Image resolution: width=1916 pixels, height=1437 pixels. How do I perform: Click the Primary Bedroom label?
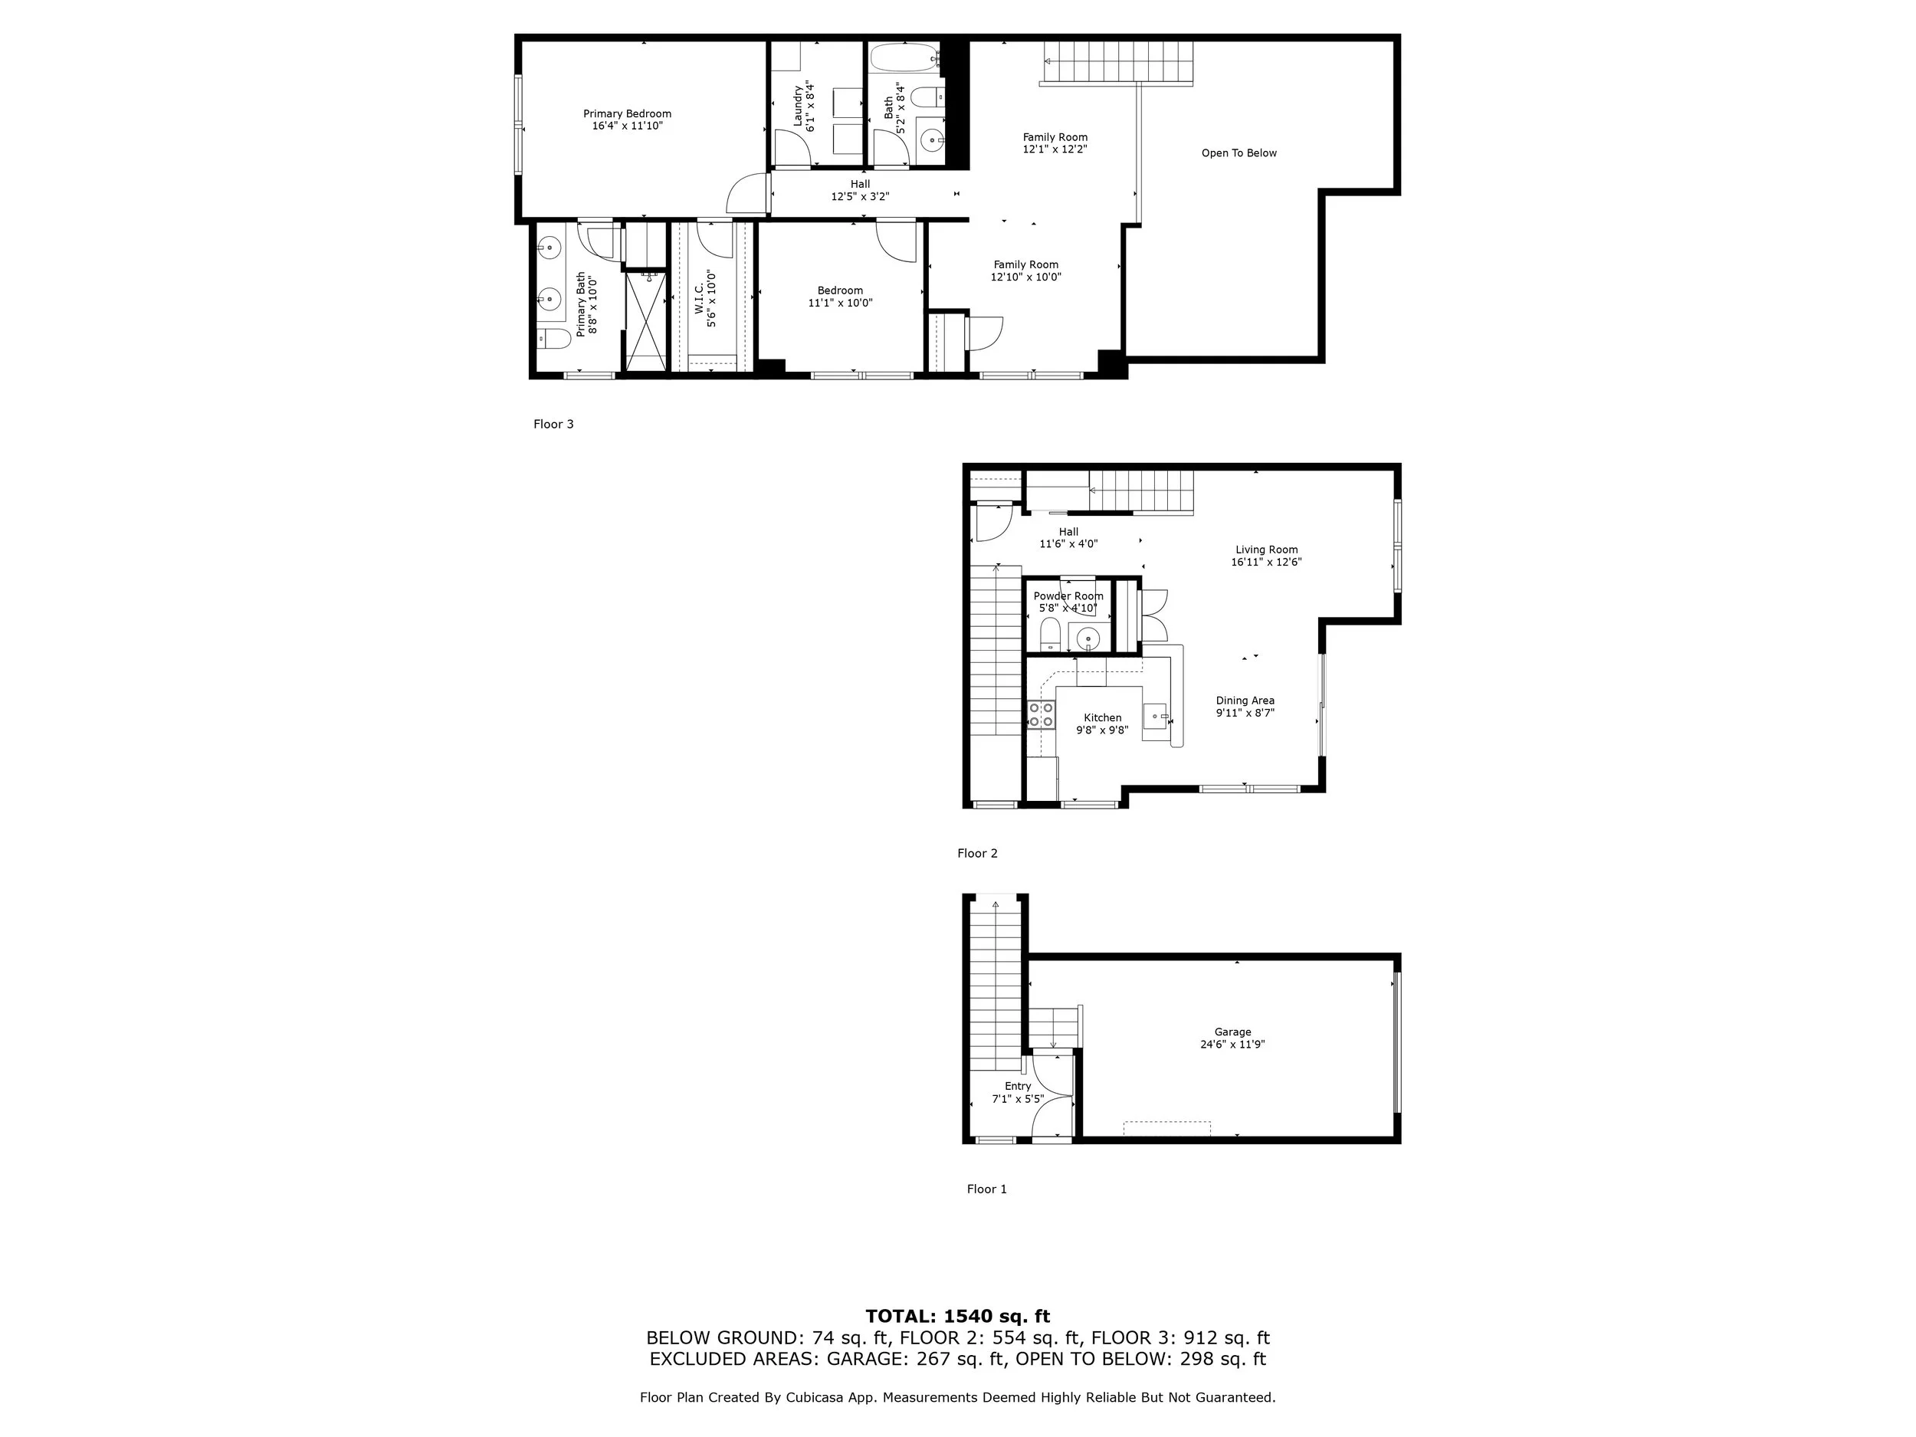(626, 113)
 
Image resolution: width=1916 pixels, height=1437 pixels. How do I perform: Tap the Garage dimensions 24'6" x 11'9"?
(1232, 1045)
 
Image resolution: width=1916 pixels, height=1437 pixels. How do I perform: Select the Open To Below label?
(1239, 153)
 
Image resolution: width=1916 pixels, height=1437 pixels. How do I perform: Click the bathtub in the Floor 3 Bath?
(904, 59)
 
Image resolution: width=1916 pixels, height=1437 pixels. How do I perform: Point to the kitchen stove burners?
(1041, 714)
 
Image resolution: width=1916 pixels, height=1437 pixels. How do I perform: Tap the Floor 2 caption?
(977, 853)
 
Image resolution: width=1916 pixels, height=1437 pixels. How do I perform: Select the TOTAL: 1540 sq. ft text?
(957, 1317)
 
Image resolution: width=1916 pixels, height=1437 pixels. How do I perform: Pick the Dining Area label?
(1245, 700)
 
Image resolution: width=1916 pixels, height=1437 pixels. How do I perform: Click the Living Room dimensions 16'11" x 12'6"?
(1265, 562)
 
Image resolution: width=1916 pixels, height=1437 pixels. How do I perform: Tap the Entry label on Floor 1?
(1018, 1086)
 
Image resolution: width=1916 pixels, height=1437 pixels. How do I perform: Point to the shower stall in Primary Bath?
(646, 320)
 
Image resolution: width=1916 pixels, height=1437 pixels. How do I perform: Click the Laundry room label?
(798, 106)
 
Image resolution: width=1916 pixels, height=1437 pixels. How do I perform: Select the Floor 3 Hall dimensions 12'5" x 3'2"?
(860, 197)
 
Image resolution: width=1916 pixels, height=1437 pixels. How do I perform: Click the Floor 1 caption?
(986, 1189)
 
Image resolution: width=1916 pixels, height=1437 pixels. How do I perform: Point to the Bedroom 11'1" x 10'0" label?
(839, 291)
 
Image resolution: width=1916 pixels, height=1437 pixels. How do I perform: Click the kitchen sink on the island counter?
(1156, 717)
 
